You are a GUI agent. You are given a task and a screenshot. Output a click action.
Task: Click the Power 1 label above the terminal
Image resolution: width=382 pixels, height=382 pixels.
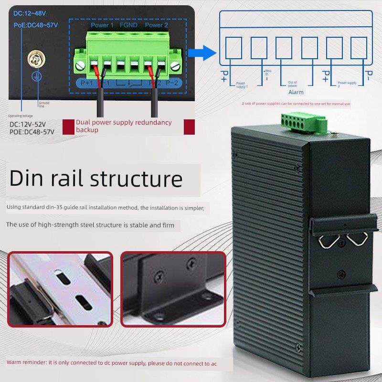(x=101, y=24)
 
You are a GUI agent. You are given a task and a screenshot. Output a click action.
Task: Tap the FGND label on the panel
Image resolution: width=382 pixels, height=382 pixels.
(x=128, y=24)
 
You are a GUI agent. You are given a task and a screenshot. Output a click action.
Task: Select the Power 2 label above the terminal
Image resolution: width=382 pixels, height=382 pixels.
(x=157, y=24)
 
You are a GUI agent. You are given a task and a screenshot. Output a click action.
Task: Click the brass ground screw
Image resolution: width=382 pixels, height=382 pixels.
(x=35, y=59)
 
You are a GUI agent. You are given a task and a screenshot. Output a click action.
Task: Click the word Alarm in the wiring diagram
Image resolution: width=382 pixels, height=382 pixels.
(x=296, y=92)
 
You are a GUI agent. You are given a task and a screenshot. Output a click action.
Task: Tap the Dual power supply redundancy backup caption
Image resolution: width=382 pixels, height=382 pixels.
(x=124, y=126)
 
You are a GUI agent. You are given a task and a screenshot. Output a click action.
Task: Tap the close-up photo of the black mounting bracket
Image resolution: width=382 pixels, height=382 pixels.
(x=173, y=289)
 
